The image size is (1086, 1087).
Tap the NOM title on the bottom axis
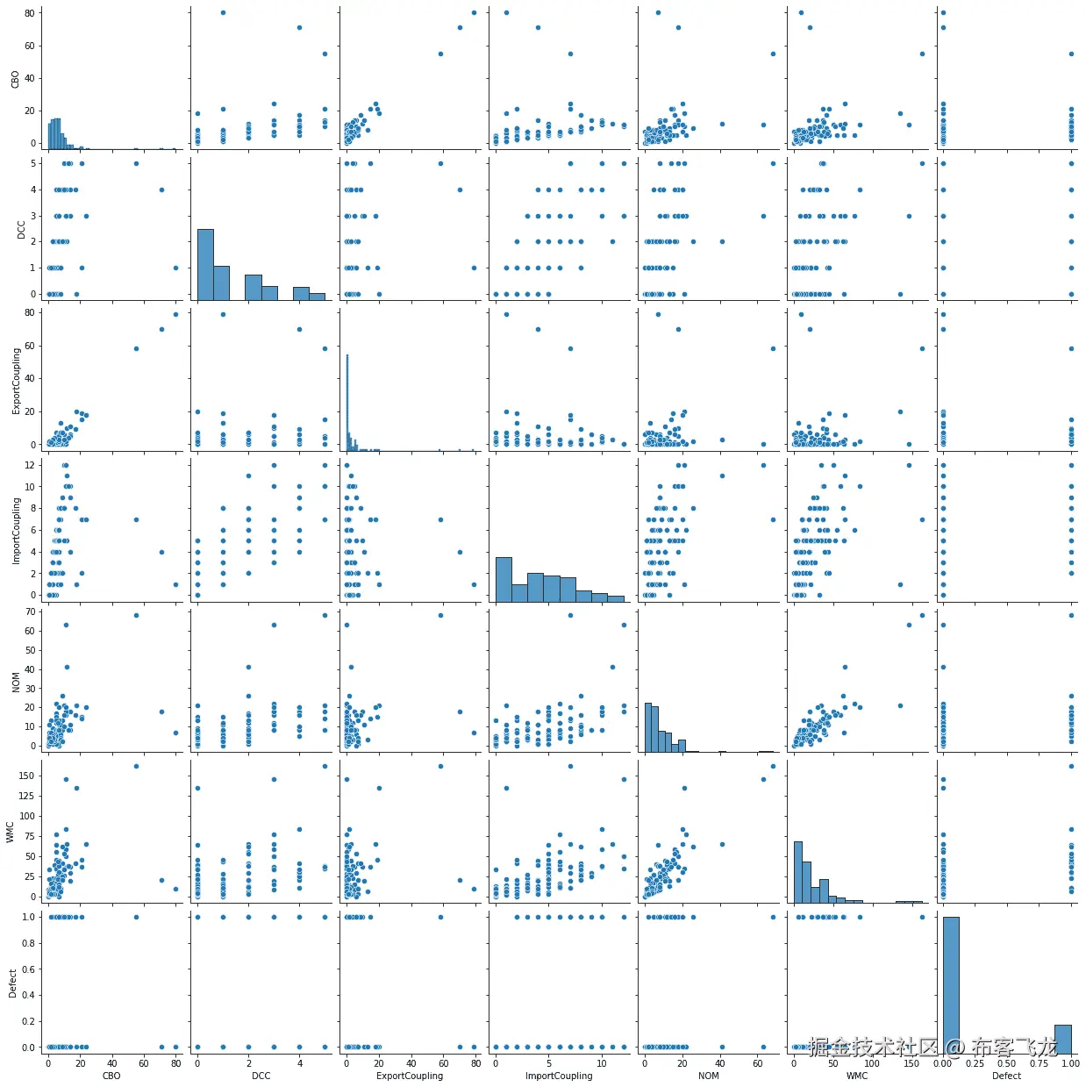click(708, 1076)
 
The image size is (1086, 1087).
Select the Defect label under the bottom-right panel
click(1006, 1076)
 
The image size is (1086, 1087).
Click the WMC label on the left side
click(11, 832)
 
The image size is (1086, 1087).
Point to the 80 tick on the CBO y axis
click(30, 13)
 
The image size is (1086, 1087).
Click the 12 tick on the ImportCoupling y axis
click(30, 465)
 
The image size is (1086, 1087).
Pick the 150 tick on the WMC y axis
click(27, 776)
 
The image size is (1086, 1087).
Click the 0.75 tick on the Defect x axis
click(1040, 1063)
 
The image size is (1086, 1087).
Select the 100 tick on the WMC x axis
click(872, 1063)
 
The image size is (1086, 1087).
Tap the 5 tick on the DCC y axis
click(32, 163)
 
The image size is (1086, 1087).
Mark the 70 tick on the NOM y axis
click(30, 611)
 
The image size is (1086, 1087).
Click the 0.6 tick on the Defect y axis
click(28, 969)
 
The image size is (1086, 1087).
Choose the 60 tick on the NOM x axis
click(758, 1063)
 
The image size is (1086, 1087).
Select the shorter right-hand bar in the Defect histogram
click(1062, 1039)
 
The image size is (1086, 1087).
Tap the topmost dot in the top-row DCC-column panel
click(223, 12)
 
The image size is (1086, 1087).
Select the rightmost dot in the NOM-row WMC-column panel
click(922, 615)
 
